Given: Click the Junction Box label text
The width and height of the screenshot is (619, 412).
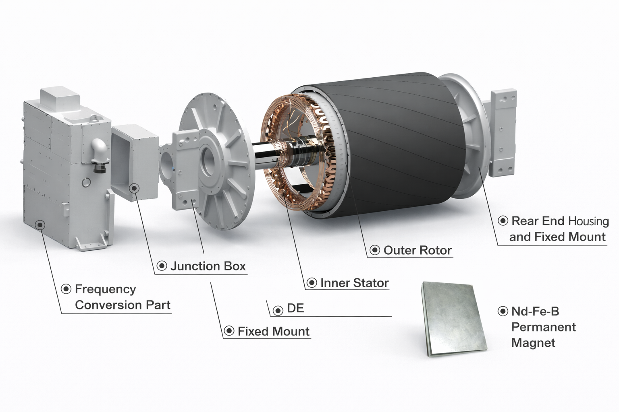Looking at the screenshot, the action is click(x=208, y=266).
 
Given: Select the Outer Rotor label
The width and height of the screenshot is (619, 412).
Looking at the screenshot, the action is click(x=418, y=250).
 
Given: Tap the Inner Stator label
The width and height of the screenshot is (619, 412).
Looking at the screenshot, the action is click(x=354, y=283).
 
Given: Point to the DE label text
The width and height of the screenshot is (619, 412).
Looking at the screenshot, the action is click(x=295, y=309).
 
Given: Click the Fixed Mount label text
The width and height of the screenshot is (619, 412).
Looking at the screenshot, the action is click(x=273, y=332).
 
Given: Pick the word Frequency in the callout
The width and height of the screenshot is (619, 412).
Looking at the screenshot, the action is click(x=105, y=289).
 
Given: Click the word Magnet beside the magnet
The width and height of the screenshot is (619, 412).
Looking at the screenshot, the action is click(x=533, y=343).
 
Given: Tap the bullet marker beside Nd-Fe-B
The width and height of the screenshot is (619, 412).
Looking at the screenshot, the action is click(x=503, y=311).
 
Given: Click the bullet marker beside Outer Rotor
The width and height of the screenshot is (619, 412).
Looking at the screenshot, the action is click(x=375, y=250).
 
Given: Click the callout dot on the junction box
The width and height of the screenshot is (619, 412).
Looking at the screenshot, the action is click(x=134, y=188).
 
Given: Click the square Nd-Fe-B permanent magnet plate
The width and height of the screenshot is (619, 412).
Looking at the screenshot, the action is click(x=453, y=319).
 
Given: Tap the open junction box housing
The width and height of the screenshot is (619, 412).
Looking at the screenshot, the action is click(x=133, y=161).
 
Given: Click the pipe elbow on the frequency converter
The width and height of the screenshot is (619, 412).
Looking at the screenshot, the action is click(x=100, y=150).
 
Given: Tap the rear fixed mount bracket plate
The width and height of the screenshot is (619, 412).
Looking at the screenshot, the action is click(x=503, y=133).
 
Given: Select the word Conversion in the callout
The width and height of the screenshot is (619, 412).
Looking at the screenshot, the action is click(x=108, y=305).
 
